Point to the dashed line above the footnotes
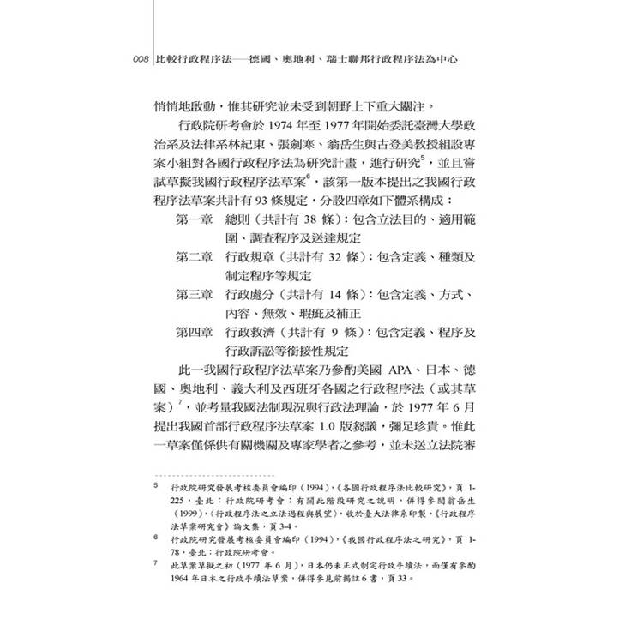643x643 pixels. point(213,474)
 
